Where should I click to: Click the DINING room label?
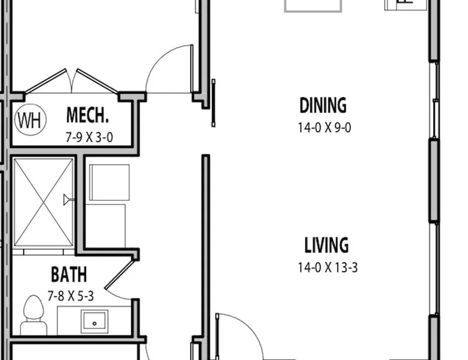[x=323, y=105]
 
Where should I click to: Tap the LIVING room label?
[x=327, y=245]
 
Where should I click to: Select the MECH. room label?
[x=87, y=115]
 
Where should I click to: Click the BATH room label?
[x=69, y=274]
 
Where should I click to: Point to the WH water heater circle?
[x=31, y=120]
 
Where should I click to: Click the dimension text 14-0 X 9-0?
[x=324, y=127]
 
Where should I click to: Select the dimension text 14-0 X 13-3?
[x=328, y=267]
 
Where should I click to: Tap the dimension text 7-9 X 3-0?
[x=89, y=138]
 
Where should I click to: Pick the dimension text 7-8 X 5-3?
[x=71, y=296]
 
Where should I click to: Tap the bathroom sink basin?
[x=94, y=322]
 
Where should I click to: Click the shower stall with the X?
[x=43, y=203]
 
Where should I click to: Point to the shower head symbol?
[x=69, y=200]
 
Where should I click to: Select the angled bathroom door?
[x=119, y=275]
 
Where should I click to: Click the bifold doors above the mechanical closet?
[x=72, y=81]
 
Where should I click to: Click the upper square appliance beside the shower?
[x=109, y=182]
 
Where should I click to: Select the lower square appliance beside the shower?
[x=106, y=226]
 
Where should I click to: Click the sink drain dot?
[x=94, y=323]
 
